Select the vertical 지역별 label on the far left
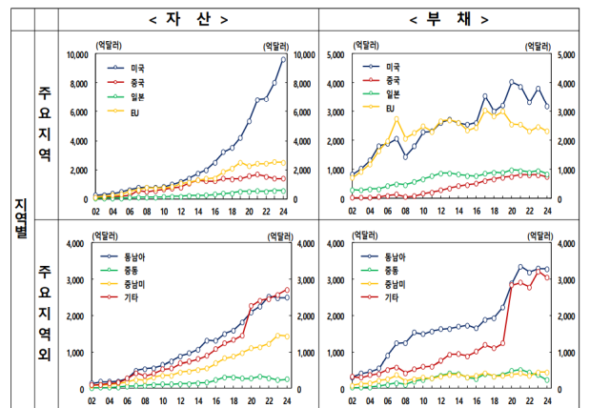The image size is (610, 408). coord(20,219)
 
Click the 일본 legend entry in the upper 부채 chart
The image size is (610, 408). coord(393,95)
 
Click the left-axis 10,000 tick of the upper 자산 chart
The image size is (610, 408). coord(73,55)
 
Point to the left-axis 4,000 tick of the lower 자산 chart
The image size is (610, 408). coord(76,244)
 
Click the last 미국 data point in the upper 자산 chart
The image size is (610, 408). coord(283,59)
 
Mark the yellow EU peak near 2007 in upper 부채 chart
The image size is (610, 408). coord(397,118)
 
